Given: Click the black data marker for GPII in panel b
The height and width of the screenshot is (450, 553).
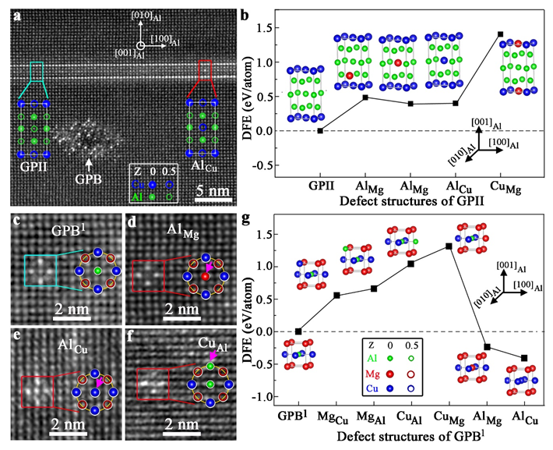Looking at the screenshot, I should pos(320,130).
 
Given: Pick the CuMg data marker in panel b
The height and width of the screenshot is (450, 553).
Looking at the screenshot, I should pos(499,34).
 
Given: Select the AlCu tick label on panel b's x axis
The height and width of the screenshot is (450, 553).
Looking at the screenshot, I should pos(455,186).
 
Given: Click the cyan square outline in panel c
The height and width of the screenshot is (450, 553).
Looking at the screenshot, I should pos(41,270).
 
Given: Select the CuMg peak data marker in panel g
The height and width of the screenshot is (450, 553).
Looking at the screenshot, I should pos(449,246).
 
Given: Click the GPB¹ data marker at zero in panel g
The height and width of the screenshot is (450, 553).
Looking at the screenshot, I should pos(298,331).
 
